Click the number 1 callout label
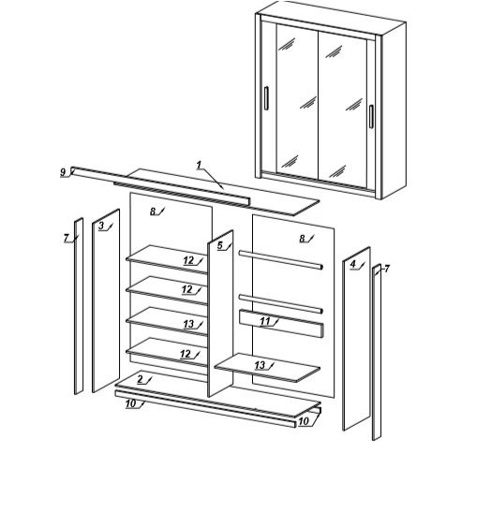pos(200,165)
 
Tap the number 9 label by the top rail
pos(63,172)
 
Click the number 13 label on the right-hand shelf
pos(260,365)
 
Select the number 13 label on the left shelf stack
pos(188,324)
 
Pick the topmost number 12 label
pos(188,260)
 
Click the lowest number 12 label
pos(186,354)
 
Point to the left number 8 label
pos(153,212)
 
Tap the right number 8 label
pos(302,239)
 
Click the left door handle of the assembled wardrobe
pos(266,98)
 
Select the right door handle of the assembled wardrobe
pos(371,116)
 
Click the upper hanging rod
pos(281,259)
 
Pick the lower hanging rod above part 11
pos(281,303)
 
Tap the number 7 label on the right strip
pos(387,269)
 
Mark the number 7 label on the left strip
pos(67,238)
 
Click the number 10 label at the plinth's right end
pos(304,421)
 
